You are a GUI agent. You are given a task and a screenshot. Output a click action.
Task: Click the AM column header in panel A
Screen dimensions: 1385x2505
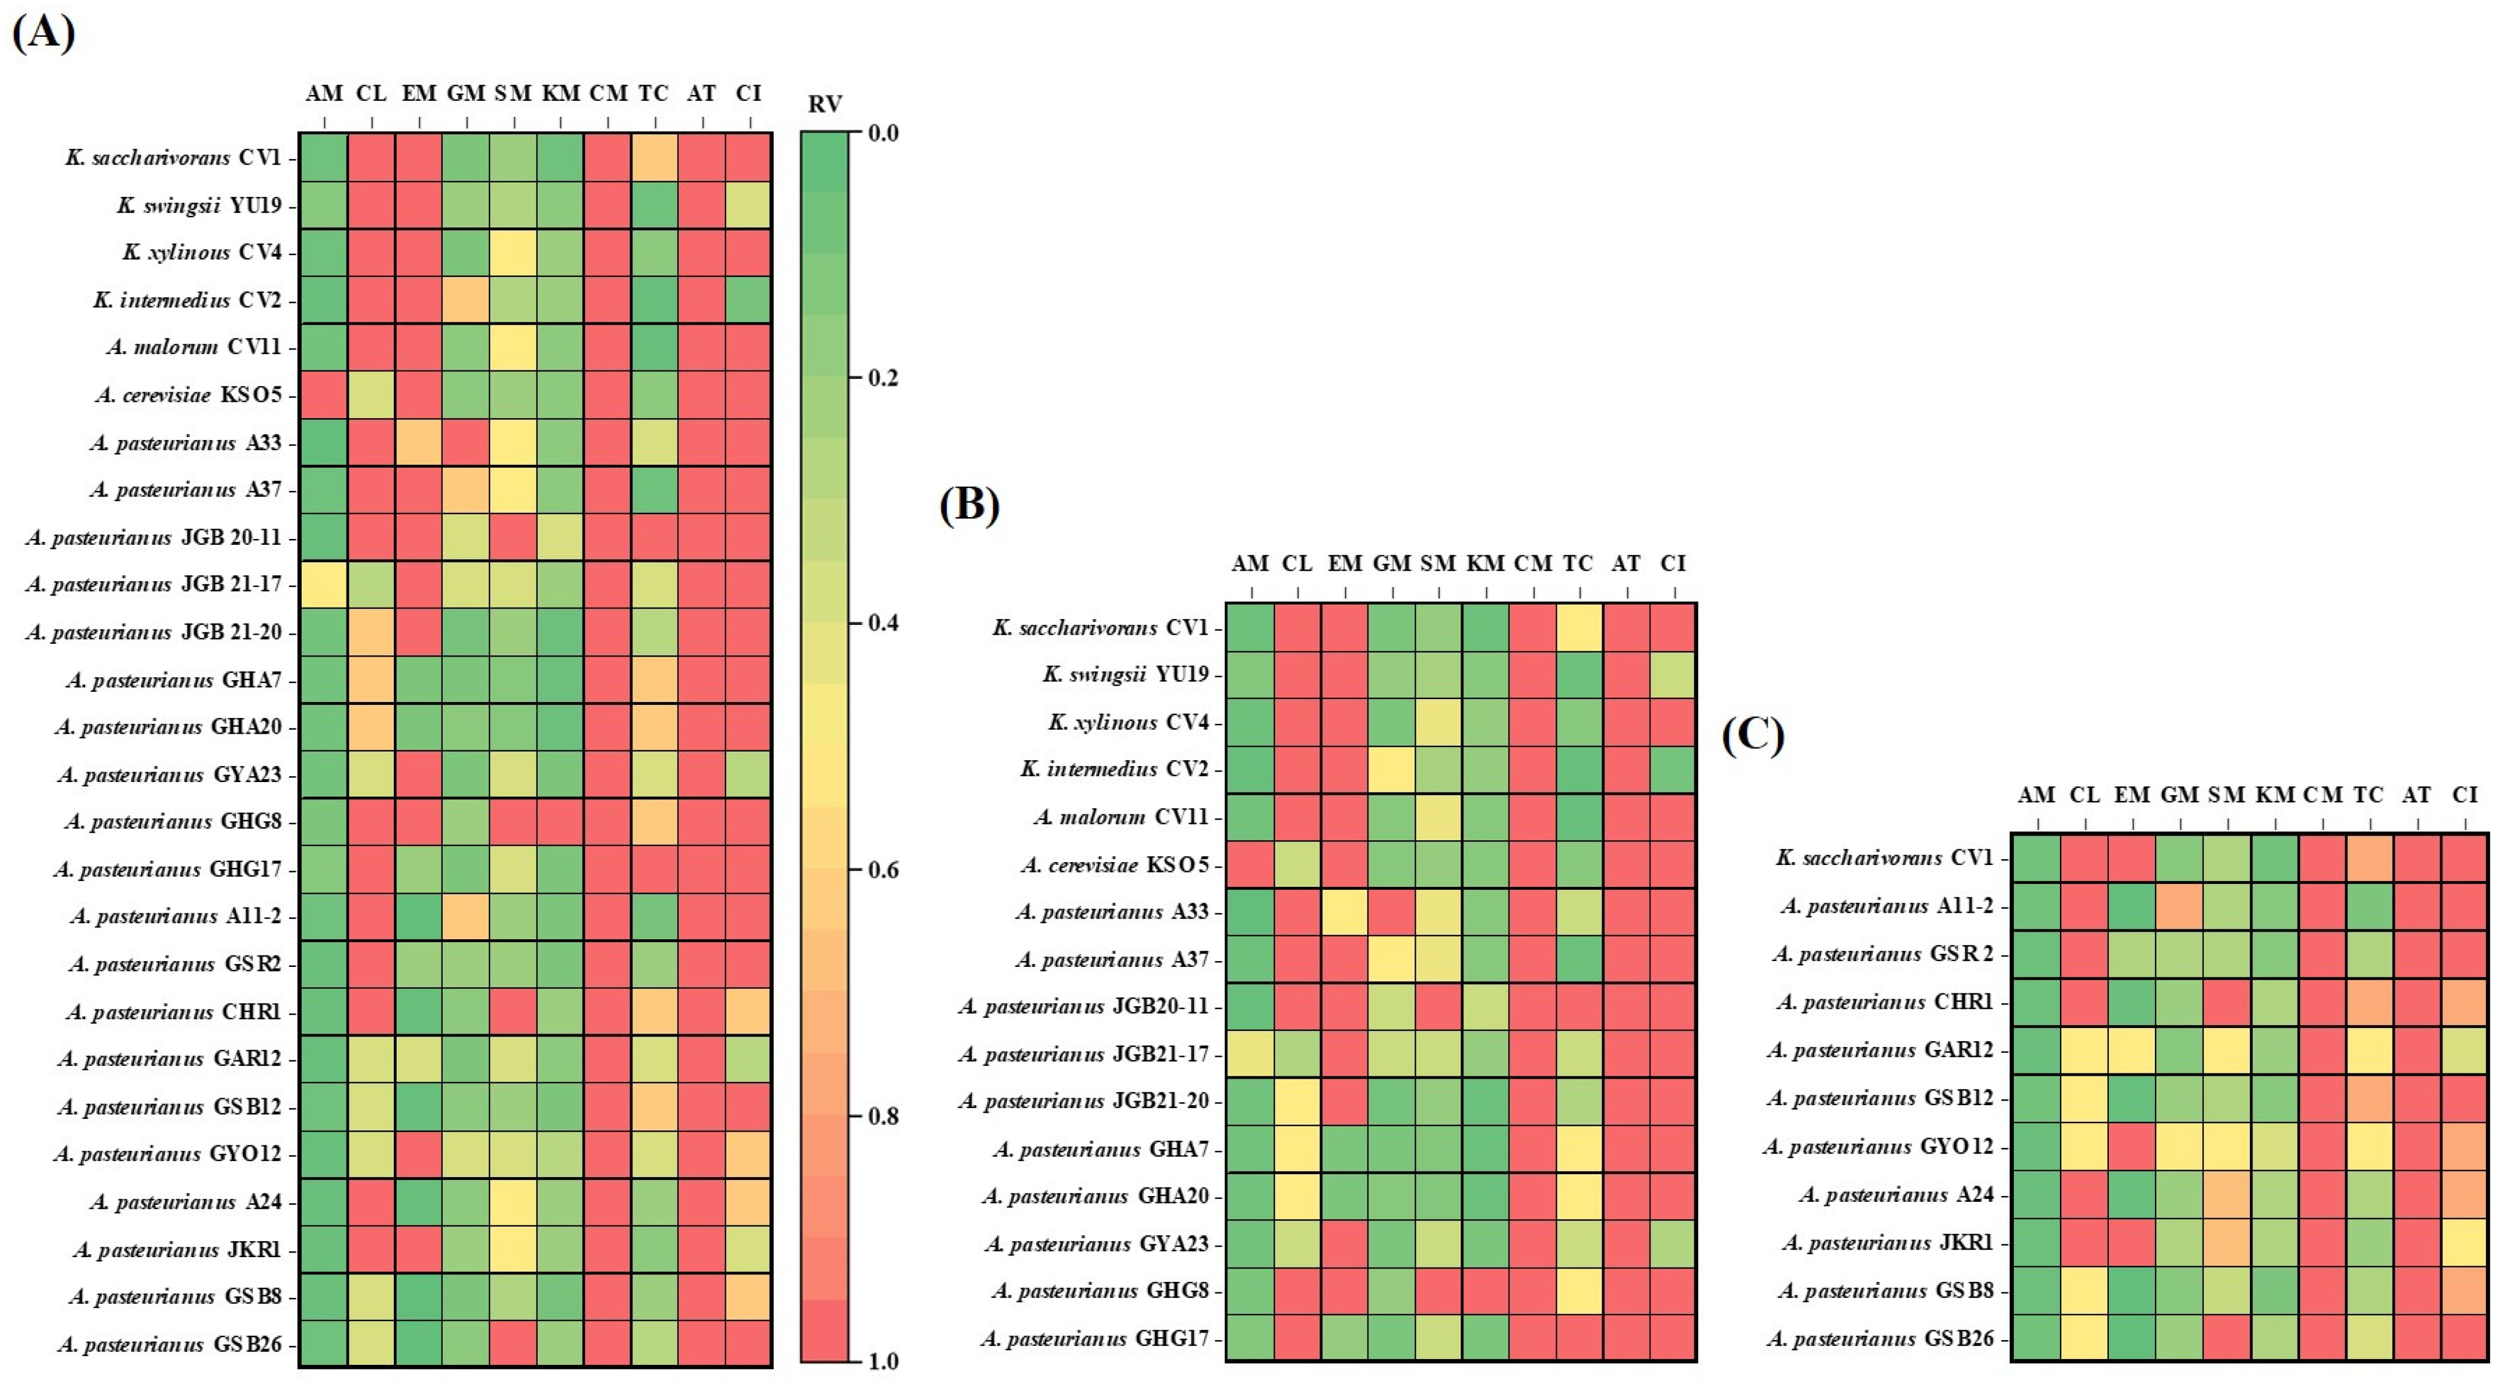coord(324,93)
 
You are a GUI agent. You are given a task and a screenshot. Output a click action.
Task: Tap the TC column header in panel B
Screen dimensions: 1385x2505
coord(1577,563)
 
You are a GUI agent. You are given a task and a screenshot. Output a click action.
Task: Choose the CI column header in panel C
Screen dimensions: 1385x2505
coord(2464,795)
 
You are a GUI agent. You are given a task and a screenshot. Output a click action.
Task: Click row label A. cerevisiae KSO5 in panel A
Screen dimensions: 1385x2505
coord(189,395)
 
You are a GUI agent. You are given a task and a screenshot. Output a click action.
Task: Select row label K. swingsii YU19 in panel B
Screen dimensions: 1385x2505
coord(1125,674)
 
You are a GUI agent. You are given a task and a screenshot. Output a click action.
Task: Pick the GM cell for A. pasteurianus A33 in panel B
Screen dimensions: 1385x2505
coord(1392,912)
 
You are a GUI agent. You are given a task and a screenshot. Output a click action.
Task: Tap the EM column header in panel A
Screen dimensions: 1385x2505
coord(419,93)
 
